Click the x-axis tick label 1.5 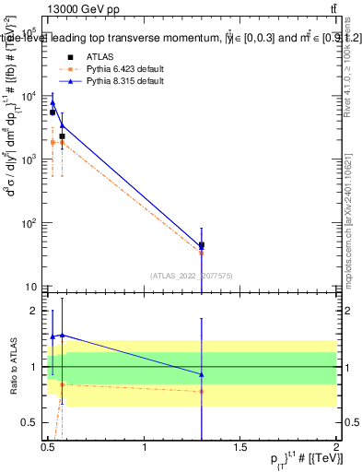click(x=240, y=448)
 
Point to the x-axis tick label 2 click(x=336, y=448)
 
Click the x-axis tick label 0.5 click(x=49, y=448)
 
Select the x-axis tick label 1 click(x=145, y=448)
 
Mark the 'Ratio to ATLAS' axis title click(x=12, y=367)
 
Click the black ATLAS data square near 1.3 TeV click(x=202, y=246)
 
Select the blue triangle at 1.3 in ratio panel click(x=202, y=374)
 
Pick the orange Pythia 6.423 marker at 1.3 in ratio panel click(x=202, y=391)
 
